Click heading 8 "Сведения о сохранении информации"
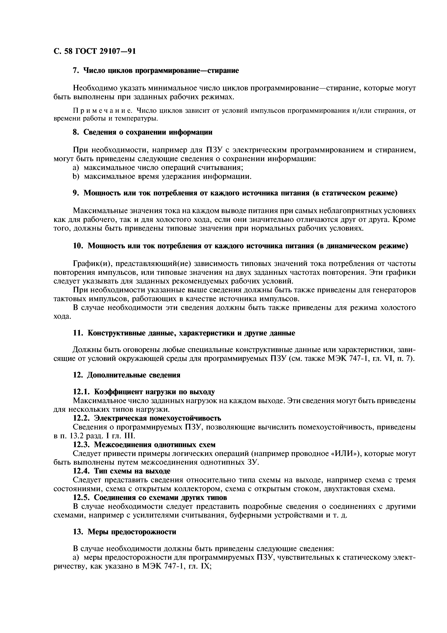142,132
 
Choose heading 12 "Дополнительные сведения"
126,375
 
